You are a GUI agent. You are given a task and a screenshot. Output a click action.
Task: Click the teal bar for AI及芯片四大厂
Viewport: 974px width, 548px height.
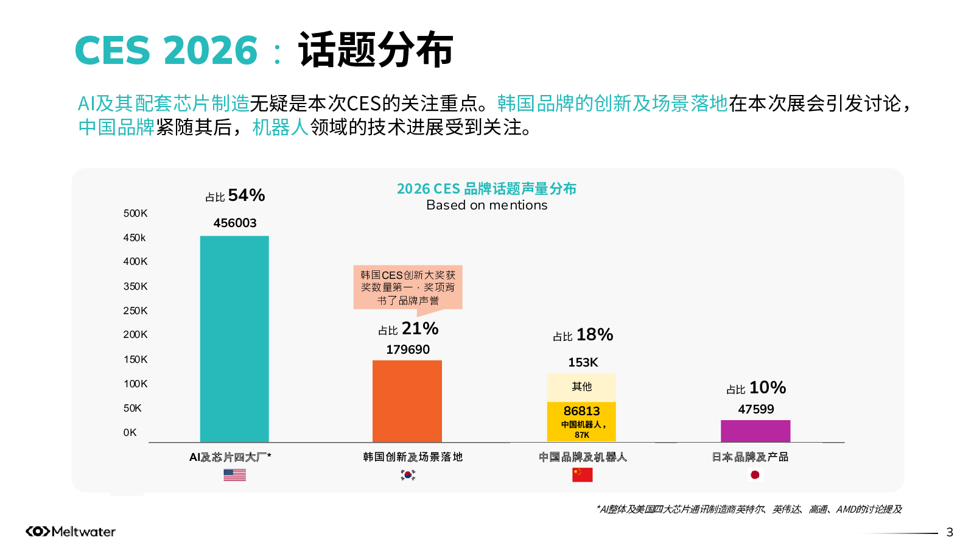(234, 339)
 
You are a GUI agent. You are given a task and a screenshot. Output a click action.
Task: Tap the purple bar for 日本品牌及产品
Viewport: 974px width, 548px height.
(755, 431)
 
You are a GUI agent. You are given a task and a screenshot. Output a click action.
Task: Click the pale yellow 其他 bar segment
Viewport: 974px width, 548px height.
(581, 387)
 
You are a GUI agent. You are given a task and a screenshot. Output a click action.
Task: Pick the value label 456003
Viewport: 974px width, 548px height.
(235, 223)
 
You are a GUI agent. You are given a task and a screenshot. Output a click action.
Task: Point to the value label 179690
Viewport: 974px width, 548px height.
(408, 350)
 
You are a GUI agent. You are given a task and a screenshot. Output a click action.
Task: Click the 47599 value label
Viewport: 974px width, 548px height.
(756, 409)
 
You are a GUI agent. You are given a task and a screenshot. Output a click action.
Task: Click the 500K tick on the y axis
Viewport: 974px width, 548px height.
(135, 213)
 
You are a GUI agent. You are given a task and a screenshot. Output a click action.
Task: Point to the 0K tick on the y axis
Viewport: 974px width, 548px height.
(130, 432)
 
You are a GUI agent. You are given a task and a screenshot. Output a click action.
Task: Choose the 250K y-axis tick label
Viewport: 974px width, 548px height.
(135, 311)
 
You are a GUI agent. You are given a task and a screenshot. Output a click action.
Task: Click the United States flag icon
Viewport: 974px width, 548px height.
(234, 475)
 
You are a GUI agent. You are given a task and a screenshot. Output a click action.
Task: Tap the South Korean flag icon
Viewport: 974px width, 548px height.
(408, 475)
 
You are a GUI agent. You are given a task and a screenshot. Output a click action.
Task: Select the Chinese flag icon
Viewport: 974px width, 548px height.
(582, 475)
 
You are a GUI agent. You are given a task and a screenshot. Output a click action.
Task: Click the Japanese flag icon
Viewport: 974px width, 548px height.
(755, 475)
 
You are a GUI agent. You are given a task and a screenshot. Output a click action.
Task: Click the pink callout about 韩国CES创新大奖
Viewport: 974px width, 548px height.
(408, 287)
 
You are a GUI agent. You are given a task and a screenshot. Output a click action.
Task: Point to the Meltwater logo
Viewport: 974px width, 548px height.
(71, 532)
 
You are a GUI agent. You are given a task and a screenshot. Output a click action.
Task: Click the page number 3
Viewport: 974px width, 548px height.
(950, 533)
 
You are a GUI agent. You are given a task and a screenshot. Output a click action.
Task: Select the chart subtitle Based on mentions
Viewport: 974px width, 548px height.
(486, 205)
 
